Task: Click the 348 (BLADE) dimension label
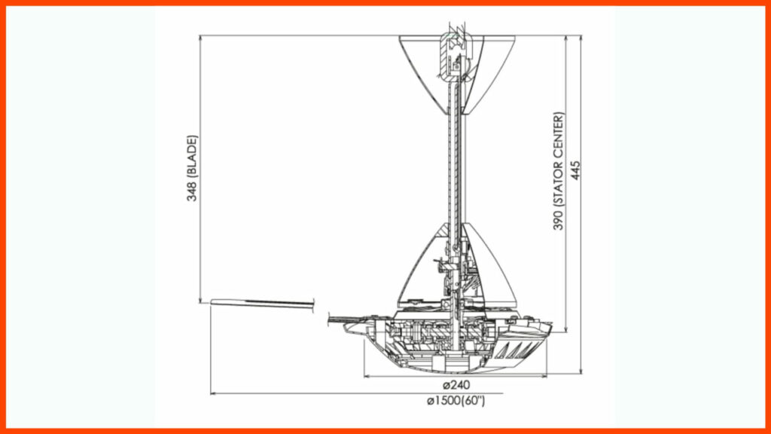[193, 168]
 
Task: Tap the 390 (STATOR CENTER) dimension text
[559, 172]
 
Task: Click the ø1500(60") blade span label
[456, 401]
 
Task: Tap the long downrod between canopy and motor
[454, 166]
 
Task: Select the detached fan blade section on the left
[262, 303]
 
